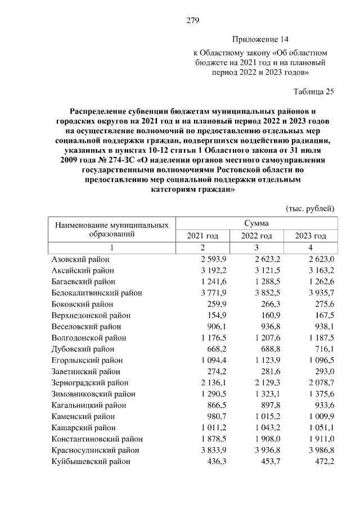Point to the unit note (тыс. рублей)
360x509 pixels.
310,208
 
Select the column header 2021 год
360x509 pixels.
202,236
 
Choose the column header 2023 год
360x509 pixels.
310,236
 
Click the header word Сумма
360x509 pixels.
256,223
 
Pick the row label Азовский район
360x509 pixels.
80,259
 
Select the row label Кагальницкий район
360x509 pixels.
88,405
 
